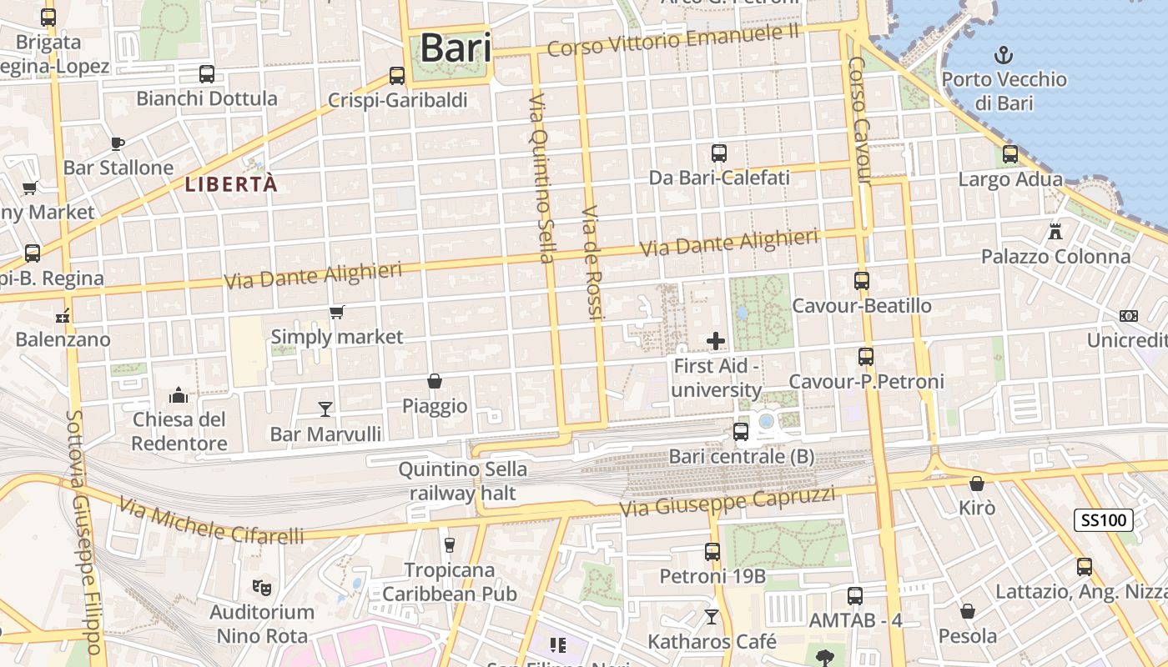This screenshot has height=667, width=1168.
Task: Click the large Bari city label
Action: tap(455, 48)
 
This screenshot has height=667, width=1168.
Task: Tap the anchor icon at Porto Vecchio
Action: tap(1004, 56)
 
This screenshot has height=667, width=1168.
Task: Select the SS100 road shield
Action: tap(1103, 520)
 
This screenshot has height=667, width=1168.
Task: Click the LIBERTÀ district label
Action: tap(230, 184)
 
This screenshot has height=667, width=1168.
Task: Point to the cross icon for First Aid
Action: tap(715, 341)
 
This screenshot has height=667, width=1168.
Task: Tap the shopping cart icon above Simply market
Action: tap(337, 313)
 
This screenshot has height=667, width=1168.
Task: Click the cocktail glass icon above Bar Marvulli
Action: tap(325, 409)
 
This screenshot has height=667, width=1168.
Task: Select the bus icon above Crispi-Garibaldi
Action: tap(397, 75)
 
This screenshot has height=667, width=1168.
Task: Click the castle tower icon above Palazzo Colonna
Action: tap(1055, 231)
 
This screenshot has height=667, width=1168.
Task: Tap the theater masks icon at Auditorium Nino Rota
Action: tap(262, 587)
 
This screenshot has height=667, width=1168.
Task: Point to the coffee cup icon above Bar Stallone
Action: tap(118, 143)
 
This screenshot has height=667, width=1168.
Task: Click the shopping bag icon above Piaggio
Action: tap(435, 381)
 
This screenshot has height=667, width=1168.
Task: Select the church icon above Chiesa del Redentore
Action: tap(179, 394)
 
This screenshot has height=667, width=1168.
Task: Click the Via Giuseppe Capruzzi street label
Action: tap(727, 501)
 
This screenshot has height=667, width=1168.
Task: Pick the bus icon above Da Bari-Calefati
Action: tap(719, 153)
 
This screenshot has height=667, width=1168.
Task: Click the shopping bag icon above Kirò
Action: tap(977, 484)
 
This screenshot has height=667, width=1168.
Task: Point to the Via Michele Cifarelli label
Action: tap(211, 521)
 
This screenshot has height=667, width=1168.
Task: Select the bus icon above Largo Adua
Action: tap(1010, 154)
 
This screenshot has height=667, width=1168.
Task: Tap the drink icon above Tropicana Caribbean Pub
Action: tap(450, 545)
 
